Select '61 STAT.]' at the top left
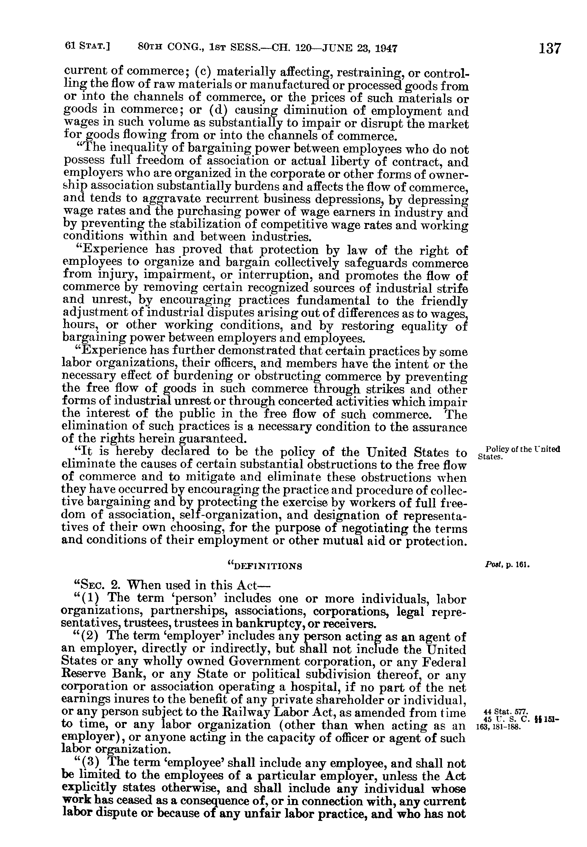[x=87, y=47]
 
